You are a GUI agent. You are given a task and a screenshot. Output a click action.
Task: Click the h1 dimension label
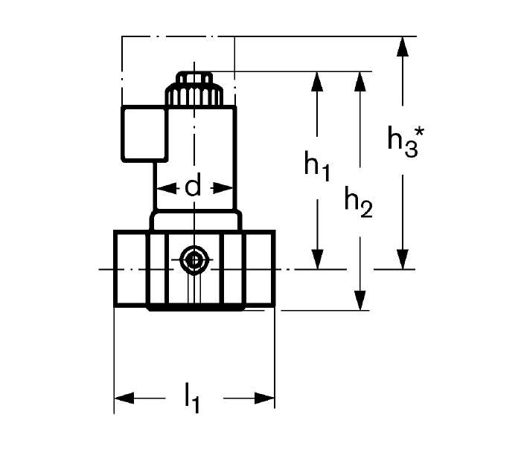coord(317,166)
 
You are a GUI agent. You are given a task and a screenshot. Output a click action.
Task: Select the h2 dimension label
coord(359,202)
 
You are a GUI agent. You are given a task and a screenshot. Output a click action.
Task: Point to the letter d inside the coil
coord(193,187)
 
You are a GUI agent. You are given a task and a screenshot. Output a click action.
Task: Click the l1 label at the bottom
coord(192,398)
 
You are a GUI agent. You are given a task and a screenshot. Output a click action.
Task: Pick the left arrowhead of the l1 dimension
coord(124,398)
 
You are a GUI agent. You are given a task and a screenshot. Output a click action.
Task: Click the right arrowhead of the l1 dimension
coord(265,398)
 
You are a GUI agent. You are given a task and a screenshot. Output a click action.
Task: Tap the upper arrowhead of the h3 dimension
coord(403,47)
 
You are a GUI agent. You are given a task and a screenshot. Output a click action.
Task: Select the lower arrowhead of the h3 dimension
coord(403,259)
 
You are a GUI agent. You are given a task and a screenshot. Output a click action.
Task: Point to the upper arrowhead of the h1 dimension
coord(318,81)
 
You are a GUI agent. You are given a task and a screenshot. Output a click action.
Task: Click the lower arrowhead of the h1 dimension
coord(318,259)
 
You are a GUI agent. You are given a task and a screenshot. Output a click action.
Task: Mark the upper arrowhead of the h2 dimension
coord(359,81)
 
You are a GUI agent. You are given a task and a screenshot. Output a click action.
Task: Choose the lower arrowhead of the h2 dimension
coord(359,300)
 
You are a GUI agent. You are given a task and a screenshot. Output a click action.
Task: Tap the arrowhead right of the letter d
coord(223,189)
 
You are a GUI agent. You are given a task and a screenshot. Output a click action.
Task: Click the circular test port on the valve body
coord(194,260)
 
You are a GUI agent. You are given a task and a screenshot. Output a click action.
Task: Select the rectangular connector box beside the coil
coord(144,134)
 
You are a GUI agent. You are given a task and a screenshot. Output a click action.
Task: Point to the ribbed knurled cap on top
coord(194,94)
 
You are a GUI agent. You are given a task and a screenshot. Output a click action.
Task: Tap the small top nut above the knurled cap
coord(194,77)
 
